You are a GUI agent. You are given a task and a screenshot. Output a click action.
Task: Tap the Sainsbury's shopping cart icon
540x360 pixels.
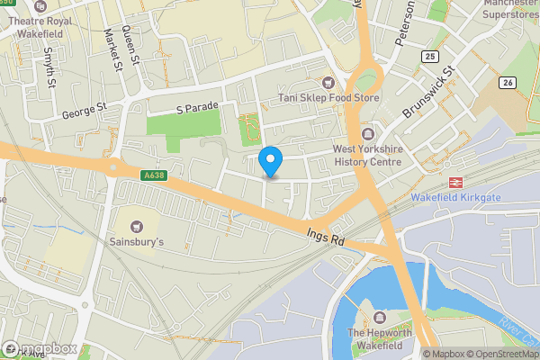(x=136, y=225)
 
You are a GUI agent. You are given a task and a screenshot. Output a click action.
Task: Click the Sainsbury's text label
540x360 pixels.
(x=136, y=243)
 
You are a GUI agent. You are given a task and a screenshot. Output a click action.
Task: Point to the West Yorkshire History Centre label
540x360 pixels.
(x=367, y=155)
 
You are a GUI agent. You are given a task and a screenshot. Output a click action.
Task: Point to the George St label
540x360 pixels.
(x=85, y=112)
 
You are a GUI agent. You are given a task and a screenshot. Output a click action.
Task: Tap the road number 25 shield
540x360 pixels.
(x=428, y=57)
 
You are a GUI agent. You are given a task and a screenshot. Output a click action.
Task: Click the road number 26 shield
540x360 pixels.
(x=508, y=84)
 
